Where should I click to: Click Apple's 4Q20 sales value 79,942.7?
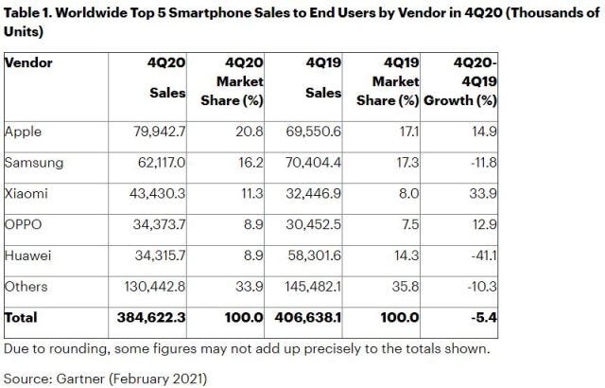[x=160, y=132]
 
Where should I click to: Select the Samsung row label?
[x=34, y=163]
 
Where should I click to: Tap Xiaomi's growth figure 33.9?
[x=483, y=193]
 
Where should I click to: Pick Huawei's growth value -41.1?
[x=484, y=256]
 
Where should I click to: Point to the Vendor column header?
[x=28, y=62]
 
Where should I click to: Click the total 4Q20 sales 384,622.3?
[x=151, y=317]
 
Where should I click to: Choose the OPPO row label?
[x=23, y=224]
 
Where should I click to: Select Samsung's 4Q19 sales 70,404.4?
[x=313, y=162]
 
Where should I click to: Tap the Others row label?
[x=26, y=287]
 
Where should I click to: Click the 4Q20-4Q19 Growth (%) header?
[x=460, y=81]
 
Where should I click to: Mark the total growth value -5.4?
[x=484, y=317]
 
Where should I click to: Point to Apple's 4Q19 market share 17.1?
[x=409, y=132]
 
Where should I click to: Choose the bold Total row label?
[x=21, y=317]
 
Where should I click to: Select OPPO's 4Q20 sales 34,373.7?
[x=159, y=224]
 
